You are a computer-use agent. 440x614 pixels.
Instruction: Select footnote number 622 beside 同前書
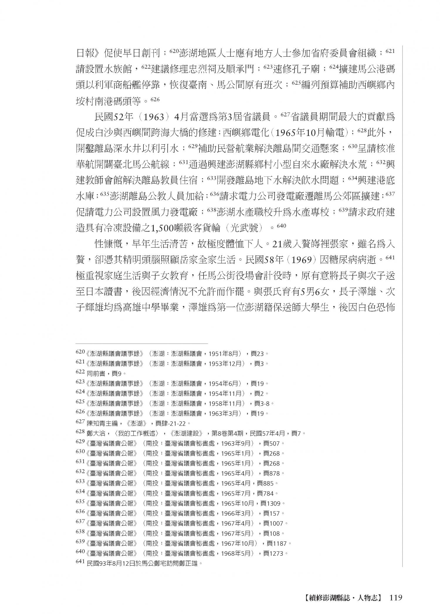pyautogui.click(x=80, y=373)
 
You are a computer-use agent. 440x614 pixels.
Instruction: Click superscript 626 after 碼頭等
pyautogui.click(x=155, y=99)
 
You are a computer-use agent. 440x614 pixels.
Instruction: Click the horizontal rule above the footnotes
pyautogui.click(x=142, y=343)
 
